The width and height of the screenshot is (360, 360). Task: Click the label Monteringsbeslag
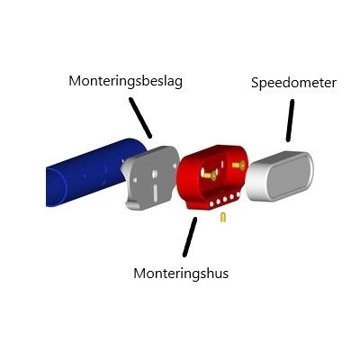click(x=125, y=81)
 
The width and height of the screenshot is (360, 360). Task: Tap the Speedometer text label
click(x=293, y=83)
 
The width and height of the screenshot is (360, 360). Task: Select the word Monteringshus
click(x=181, y=274)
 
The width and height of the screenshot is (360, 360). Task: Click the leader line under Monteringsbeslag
click(x=140, y=118)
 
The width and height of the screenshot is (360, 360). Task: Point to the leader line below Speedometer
click(x=290, y=121)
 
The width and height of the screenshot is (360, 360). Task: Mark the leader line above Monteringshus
click(x=190, y=237)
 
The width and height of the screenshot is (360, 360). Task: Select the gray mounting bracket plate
click(x=150, y=177)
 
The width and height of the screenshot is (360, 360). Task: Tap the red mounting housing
click(x=211, y=177)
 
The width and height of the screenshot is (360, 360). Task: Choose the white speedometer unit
click(x=280, y=175)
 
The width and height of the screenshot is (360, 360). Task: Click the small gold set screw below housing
click(x=223, y=218)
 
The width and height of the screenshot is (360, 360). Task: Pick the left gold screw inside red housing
click(x=209, y=175)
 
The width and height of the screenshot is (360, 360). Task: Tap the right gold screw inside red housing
click(x=238, y=165)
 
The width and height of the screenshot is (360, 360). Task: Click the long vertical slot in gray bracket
click(x=155, y=193)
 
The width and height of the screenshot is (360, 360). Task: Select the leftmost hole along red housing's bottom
click(x=212, y=204)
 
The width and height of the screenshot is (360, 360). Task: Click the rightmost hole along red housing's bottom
click(x=238, y=194)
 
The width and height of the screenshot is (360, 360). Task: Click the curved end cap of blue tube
click(x=57, y=187)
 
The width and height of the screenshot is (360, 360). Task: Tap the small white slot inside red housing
click(x=222, y=164)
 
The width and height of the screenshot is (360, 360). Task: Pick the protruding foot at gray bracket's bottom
click(x=133, y=205)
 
